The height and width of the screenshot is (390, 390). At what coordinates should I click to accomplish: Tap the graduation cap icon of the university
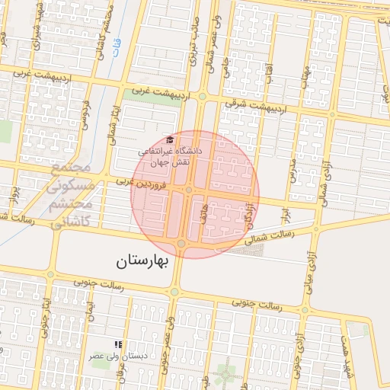pyautogui.click(x=171, y=140)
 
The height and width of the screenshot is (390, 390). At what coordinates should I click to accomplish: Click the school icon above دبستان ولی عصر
pyautogui.click(x=117, y=344)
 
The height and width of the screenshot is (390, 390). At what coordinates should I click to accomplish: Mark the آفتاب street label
pyautogui.click(x=268, y=73)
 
